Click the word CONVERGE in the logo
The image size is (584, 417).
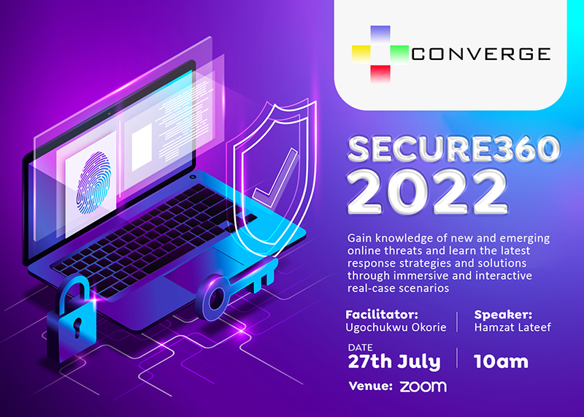[481, 55]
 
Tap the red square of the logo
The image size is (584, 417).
[380, 74]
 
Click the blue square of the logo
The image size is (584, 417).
[380, 34]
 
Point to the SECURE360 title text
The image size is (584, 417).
[453, 149]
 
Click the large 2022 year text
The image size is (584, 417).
[427, 193]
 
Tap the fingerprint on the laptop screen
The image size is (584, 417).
[93, 183]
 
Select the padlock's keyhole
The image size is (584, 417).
[77, 327]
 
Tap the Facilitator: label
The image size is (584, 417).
[382, 315]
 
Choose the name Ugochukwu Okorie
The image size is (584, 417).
[396, 328]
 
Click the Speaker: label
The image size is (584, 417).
[503, 315]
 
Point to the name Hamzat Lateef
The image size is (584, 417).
[512, 328]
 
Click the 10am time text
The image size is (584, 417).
[501, 361]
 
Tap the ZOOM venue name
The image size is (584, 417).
[423, 386]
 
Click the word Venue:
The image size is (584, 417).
[371, 386]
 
